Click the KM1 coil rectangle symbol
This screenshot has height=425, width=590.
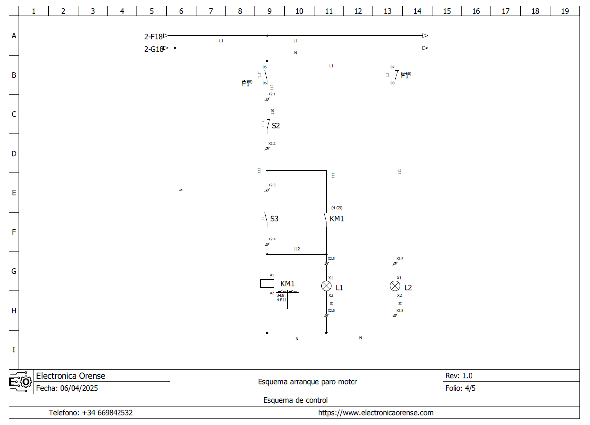(x=267, y=284)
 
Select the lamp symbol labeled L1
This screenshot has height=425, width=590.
(x=326, y=286)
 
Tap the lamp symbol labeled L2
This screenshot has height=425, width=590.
(x=395, y=286)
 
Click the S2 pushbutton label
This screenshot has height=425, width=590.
(x=276, y=126)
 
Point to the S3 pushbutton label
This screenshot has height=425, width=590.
(x=274, y=218)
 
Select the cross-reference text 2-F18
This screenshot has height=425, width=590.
(x=153, y=36)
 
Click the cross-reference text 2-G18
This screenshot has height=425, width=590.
(x=154, y=49)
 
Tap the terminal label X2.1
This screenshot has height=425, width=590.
(x=272, y=94)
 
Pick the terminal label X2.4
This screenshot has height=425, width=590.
(x=272, y=239)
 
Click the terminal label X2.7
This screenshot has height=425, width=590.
(x=400, y=258)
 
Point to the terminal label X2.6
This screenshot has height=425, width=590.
(x=331, y=310)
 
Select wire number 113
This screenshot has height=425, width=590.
(x=400, y=171)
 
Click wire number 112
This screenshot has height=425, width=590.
(x=297, y=249)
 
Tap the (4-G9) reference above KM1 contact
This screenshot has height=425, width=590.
(x=337, y=208)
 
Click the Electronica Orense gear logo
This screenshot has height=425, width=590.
(x=21, y=382)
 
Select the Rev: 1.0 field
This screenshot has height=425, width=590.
(x=459, y=376)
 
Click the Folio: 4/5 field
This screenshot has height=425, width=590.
(x=460, y=388)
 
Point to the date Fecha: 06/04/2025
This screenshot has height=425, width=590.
(x=67, y=388)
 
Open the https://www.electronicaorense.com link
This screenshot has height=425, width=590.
(x=375, y=413)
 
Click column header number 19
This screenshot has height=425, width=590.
(x=565, y=11)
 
